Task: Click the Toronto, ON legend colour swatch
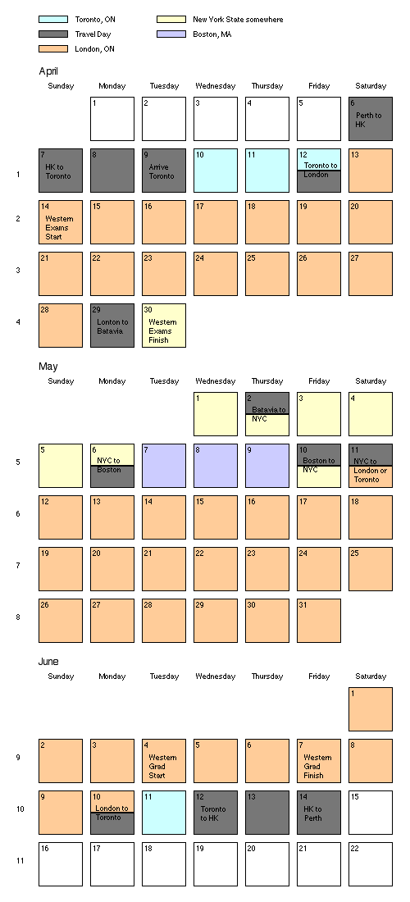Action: (x=53, y=20)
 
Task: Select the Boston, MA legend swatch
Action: (x=171, y=34)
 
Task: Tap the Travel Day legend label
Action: (x=93, y=34)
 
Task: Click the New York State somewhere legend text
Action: (x=238, y=20)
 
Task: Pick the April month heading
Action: (x=48, y=71)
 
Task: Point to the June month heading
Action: (x=48, y=662)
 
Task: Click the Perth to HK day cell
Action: (x=371, y=119)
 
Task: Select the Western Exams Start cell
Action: (x=61, y=222)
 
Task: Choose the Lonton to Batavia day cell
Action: (x=112, y=326)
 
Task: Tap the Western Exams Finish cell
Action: (x=164, y=326)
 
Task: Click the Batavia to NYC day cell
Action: (x=267, y=414)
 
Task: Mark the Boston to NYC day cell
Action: (x=319, y=466)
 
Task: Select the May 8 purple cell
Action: (x=216, y=466)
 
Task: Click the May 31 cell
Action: (x=319, y=621)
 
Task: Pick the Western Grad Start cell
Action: (x=164, y=761)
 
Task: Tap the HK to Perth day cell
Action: (x=319, y=813)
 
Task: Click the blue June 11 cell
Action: (x=164, y=813)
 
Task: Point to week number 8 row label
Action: (x=18, y=617)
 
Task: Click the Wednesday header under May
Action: (x=216, y=380)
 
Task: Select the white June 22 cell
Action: (x=371, y=864)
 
